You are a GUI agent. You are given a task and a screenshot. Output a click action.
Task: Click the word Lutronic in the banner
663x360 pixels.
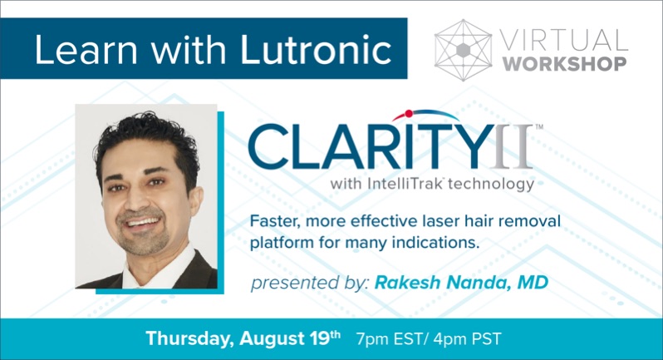click(x=316, y=50)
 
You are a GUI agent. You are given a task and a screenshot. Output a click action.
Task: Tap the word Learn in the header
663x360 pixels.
click(x=86, y=50)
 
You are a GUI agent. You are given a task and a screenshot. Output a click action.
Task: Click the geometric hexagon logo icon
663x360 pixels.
click(x=463, y=51)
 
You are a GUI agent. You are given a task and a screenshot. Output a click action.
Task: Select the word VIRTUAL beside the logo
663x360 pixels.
click(x=564, y=40)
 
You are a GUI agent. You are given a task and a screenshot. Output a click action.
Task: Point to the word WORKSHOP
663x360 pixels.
click(x=564, y=64)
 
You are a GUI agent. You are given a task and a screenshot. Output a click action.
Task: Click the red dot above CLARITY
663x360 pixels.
click(x=409, y=113)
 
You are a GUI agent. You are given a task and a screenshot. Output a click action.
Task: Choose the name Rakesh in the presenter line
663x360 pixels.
click(x=408, y=282)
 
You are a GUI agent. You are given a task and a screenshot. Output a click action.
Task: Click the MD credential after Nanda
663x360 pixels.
click(x=533, y=282)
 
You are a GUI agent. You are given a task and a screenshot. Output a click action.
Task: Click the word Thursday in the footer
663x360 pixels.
click(x=190, y=339)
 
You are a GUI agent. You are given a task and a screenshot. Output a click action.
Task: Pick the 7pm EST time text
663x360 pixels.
click(x=389, y=339)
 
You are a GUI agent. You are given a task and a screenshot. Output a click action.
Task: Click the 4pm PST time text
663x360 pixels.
click(x=467, y=339)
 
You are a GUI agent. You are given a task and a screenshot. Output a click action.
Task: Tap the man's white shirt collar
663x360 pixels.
click(x=159, y=269)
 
